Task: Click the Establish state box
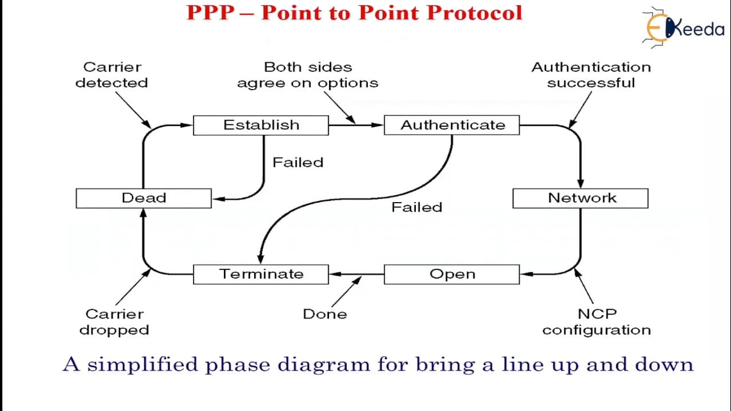[261, 125]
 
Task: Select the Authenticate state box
[452, 125]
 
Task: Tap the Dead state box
[143, 198]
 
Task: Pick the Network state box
[581, 198]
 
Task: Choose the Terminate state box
[261, 275]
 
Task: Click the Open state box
[452, 275]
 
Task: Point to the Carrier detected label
[111, 75]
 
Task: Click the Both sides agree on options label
[308, 75]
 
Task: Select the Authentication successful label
[591, 75]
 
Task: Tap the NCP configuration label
[597, 322]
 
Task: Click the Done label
[325, 314]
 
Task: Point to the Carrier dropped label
[114, 322]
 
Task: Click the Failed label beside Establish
[298, 163]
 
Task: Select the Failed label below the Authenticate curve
[417, 207]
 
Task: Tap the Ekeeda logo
[684, 28]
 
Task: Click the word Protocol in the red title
[475, 13]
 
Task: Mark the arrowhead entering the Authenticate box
[377, 125]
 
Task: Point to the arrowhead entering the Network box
[581, 183]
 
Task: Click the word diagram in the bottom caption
[324, 365]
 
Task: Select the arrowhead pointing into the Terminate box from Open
[335, 275]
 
